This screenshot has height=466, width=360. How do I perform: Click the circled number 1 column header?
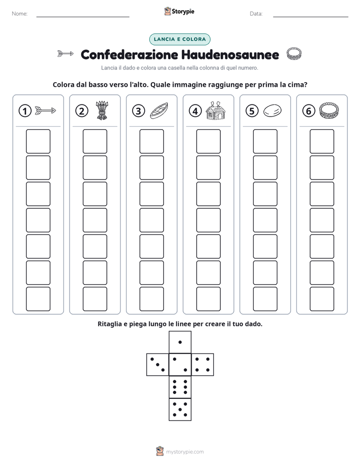coord(25,111)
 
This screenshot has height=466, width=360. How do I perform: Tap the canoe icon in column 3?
coord(159,111)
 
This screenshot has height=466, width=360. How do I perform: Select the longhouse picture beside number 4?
coord(215,110)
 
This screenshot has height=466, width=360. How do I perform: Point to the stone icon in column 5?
coord(272,111)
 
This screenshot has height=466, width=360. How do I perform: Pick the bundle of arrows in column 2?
coord(102,110)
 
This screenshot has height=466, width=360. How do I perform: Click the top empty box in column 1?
coord(38,141)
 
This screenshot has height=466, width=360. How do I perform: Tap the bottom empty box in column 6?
coord(322,299)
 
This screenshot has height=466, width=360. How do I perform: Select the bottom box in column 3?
coord(151,299)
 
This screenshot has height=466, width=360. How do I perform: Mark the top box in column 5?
coord(265,141)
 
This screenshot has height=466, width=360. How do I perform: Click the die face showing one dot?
coord(180,342)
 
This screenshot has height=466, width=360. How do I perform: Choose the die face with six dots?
coord(180,387)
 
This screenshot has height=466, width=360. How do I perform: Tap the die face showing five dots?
coord(180,409)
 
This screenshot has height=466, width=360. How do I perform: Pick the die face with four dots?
coord(202,365)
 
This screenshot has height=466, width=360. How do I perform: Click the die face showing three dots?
coord(158,365)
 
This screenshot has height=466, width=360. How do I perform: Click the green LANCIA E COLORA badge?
coord(179,39)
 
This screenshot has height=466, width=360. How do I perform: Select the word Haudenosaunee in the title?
coord(230,54)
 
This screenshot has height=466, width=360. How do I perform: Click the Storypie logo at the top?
coord(179,12)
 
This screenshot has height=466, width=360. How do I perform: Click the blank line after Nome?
coord(83,17)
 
